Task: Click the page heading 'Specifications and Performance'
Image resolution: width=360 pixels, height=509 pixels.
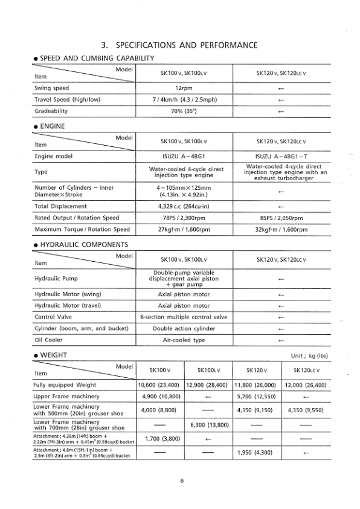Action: coord(180,45)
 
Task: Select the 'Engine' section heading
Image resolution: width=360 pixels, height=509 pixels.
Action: coord(51,127)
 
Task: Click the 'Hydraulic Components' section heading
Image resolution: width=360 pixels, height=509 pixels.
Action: coord(84,245)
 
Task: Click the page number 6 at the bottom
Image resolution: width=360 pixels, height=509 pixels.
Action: coord(180,481)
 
